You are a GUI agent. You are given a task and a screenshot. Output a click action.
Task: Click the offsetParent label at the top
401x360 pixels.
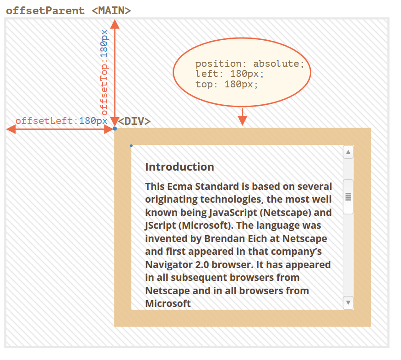[x=45, y=10]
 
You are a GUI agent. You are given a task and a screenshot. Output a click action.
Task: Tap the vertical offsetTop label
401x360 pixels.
[x=105, y=72]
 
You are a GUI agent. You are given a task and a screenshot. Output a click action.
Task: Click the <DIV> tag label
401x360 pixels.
[x=135, y=121]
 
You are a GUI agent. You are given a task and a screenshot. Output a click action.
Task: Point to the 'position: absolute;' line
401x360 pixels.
[x=249, y=64]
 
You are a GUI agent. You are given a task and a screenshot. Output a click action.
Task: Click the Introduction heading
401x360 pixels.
[x=179, y=167]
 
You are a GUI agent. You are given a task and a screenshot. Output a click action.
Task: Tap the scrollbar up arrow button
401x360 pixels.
[x=348, y=152]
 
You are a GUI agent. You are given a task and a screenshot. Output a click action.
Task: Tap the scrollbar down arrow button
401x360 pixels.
[x=348, y=302]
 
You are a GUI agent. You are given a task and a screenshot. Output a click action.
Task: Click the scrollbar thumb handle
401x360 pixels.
[x=348, y=197]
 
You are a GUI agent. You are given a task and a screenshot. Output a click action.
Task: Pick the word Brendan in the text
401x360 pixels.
[x=223, y=238]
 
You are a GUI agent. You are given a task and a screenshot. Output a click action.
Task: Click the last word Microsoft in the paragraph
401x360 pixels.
[x=168, y=303]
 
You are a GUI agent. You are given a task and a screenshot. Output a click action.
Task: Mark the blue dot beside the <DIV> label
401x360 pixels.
[x=114, y=129]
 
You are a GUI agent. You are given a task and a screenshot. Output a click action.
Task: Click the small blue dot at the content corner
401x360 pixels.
[x=131, y=146]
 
